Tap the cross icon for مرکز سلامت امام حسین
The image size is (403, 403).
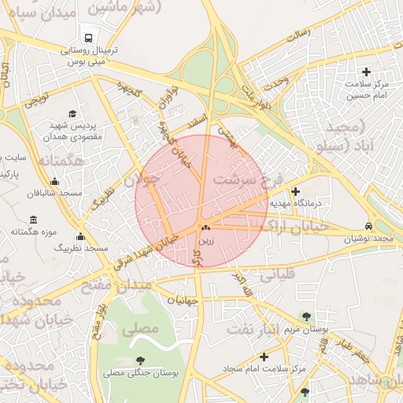point(366,72)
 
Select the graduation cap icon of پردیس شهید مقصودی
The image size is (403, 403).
point(73,113)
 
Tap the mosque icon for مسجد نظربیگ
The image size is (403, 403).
point(79,237)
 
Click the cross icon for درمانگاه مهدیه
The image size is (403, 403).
point(295,191)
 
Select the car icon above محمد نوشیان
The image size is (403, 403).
point(369,225)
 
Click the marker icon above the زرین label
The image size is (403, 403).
point(206,227)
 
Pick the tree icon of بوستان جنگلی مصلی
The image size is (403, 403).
point(140,360)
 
